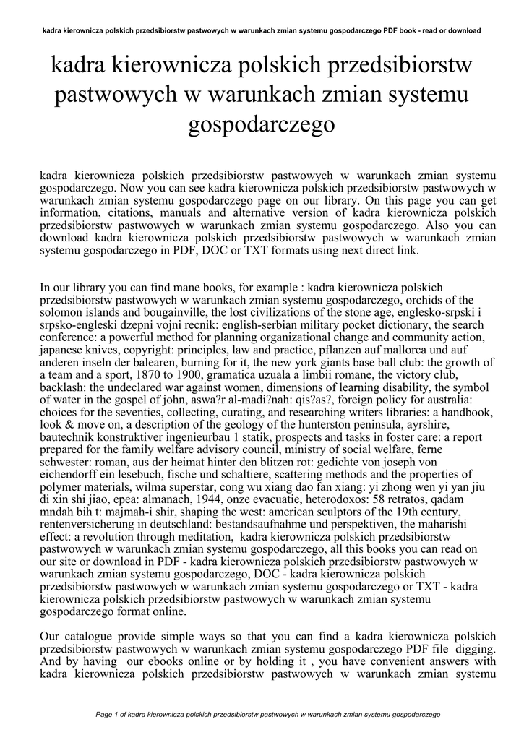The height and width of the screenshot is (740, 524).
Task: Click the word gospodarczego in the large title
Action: point(262,125)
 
